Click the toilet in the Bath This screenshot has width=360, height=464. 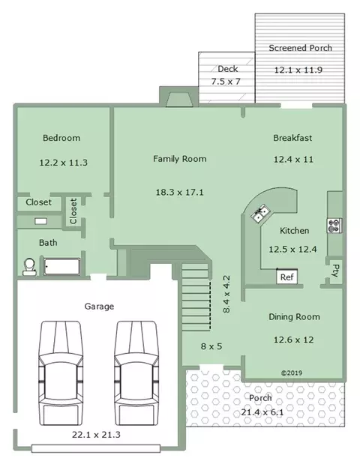pyautogui.click(x=29, y=267)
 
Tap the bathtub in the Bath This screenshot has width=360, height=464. pyautogui.click(x=61, y=267)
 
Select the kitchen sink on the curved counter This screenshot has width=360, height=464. pyautogui.click(x=260, y=214)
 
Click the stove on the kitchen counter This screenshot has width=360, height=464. pyautogui.click(x=334, y=226)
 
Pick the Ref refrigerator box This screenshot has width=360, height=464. pyautogui.click(x=286, y=277)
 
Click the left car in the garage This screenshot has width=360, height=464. pyautogui.click(x=61, y=373)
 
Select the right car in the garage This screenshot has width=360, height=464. pyautogui.click(x=136, y=373)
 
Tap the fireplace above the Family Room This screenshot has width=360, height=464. pyautogui.click(x=179, y=99)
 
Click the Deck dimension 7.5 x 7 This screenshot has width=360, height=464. pyautogui.click(x=226, y=82)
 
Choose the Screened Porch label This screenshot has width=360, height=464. pyautogui.click(x=300, y=48)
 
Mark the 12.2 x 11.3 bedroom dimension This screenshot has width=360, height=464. pyautogui.click(x=63, y=163)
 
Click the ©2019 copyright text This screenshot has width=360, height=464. pyautogui.click(x=292, y=373)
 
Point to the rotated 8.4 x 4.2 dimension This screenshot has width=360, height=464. pyautogui.click(x=226, y=294)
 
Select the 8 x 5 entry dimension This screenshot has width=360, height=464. pyautogui.click(x=211, y=346)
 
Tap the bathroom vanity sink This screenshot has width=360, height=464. pyautogui.click(x=40, y=221)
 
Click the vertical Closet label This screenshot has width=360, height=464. pyautogui.click(x=73, y=211)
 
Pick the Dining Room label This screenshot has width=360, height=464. pyautogui.click(x=294, y=316)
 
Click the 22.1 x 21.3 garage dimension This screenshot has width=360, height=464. pyautogui.click(x=96, y=435)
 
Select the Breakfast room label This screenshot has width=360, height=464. pyautogui.click(x=292, y=138)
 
